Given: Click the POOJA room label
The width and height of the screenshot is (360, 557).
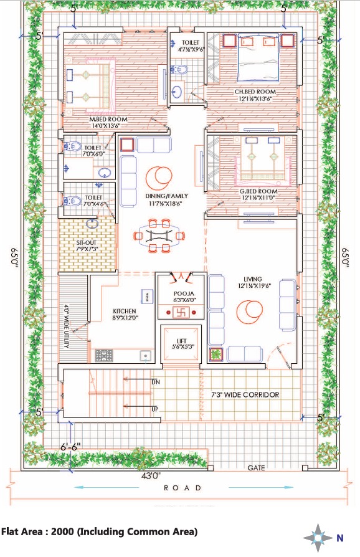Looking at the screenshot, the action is [184, 294].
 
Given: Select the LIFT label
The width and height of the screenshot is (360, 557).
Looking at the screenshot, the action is [182, 341].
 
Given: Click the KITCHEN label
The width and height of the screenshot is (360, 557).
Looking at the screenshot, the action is [125, 311].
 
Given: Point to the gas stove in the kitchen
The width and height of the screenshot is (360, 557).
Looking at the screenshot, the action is [104, 355].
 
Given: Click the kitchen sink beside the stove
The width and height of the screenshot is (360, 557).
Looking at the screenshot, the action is [145, 356].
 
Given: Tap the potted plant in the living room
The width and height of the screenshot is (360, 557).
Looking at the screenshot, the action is [216, 355].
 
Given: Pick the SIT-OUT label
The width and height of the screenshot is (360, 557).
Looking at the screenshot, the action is [87, 243].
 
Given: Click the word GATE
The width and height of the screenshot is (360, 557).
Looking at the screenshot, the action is [257, 468].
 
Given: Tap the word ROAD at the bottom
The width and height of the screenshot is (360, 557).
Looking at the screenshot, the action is [182, 488].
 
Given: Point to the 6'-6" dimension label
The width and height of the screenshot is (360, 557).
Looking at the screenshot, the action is [70, 447].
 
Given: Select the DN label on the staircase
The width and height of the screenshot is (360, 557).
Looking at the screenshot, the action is [156, 382].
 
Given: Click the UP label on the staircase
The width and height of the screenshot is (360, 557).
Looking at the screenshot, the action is [155, 409].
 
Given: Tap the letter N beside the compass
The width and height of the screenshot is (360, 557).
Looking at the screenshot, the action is [340, 538].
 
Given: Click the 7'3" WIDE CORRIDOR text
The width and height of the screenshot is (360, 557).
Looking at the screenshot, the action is [245, 394].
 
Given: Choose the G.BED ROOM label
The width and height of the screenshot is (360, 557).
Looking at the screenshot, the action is [258, 191].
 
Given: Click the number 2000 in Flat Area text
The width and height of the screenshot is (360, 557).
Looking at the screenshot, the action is [62, 532].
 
